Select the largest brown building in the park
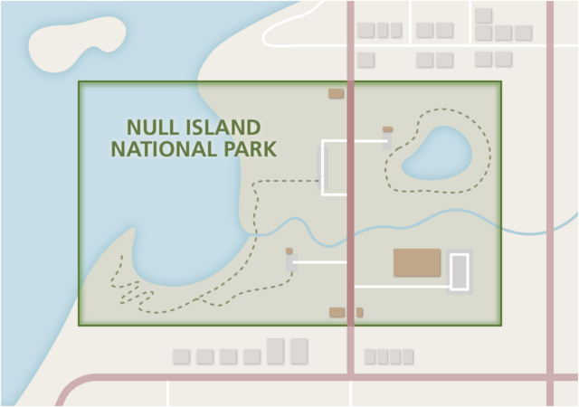click(417, 263)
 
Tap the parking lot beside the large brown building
click(460, 271)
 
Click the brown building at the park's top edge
click(336, 93)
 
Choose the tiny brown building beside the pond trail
click(387, 129)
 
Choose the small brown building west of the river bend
click(289, 251)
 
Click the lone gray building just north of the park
click(365, 60)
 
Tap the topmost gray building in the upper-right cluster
click(483, 15)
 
